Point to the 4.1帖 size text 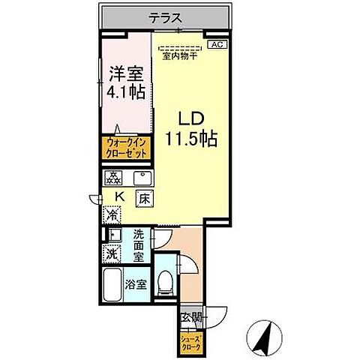click(x=124, y=93)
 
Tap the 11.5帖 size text click(x=191, y=139)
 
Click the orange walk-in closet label click(x=125, y=148)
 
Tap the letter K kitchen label click(x=118, y=198)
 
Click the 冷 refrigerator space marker click(x=111, y=215)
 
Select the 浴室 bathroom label click(x=136, y=284)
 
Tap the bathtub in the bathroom click(x=112, y=284)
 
